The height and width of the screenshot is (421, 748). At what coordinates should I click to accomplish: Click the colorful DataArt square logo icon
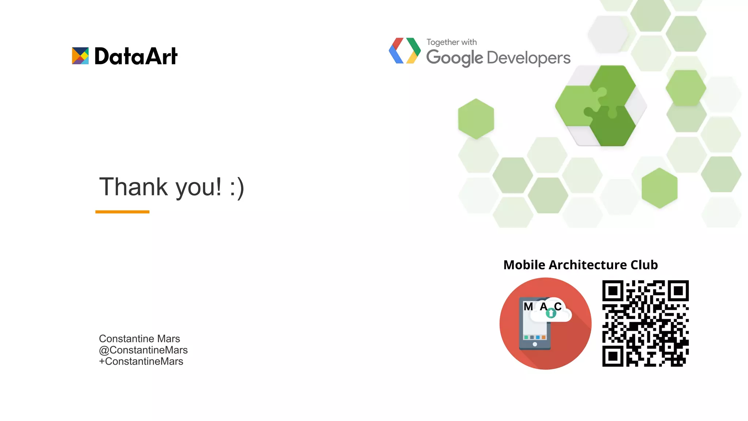pyautogui.click(x=80, y=56)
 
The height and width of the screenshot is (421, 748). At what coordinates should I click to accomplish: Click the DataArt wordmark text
pyautogui.click(x=136, y=56)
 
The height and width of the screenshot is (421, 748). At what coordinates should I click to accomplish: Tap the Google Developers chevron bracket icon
pyautogui.click(x=405, y=51)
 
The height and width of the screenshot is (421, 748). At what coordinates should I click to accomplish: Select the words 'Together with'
pyautogui.click(x=451, y=42)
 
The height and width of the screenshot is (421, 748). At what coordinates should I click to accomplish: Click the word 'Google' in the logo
pyautogui.click(x=454, y=58)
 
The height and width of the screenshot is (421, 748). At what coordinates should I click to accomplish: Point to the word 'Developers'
pyautogui.click(x=528, y=58)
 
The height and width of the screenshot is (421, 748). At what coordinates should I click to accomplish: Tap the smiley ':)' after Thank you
pyautogui.click(x=237, y=187)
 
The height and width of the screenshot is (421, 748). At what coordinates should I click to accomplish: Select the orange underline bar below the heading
pyautogui.click(x=122, y=212)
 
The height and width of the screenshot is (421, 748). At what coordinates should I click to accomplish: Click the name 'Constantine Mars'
pyautogui.click(x=140, y=338)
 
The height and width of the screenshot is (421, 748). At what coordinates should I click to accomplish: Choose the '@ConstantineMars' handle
pyautogui.click(x=143, y=350)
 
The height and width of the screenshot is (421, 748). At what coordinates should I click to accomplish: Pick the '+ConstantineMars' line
pyautogui.click(x=141, y=361)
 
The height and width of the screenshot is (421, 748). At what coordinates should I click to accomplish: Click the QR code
pyautogui.click(x=645, y=323)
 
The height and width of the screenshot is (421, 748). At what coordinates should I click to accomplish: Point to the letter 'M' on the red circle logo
pyautogui.click(x=528, y=307)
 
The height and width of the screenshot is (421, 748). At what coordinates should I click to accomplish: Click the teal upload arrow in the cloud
pyautogui.click(x=551, y=313)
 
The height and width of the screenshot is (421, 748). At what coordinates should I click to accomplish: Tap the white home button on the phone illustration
pyautogui.click(x=535, y=344)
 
